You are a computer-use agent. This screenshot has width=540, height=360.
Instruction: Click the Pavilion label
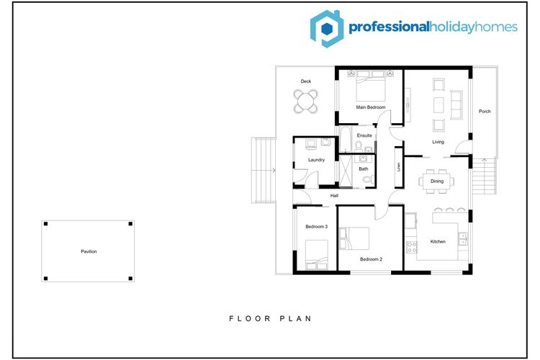tap(89, 251)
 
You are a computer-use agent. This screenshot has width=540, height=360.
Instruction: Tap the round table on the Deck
tap(305, 102)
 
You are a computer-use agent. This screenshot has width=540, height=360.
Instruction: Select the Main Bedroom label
tap(371, 107)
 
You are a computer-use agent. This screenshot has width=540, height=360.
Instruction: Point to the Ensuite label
tap(364, 135)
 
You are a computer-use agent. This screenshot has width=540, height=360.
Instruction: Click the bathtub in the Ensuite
tap(345, 139)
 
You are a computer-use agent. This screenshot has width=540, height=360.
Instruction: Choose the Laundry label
tap(316, 160)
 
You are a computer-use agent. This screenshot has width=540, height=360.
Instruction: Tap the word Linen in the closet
tap(399, 167)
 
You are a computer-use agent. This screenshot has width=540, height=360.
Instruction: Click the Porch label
tap(485, 112)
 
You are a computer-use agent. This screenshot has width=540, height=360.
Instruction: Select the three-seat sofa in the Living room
tap(456, 105)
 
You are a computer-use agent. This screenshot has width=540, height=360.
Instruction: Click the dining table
tap(437, 181)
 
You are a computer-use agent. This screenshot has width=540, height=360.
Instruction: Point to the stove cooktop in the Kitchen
tap(412, 247)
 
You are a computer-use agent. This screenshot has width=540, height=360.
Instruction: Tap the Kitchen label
tap(438, 241)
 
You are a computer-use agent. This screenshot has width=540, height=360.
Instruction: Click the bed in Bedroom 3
tap(316, 255)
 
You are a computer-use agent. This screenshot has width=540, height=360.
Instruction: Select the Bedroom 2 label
tap(371, 259)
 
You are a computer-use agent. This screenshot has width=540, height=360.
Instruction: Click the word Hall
tap(334, 196)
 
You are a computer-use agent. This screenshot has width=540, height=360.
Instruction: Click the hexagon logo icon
tap(326, 29)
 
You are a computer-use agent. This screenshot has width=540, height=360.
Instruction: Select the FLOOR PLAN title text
tap(270, 319)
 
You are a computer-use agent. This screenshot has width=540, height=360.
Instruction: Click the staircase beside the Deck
tap(264, 170)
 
